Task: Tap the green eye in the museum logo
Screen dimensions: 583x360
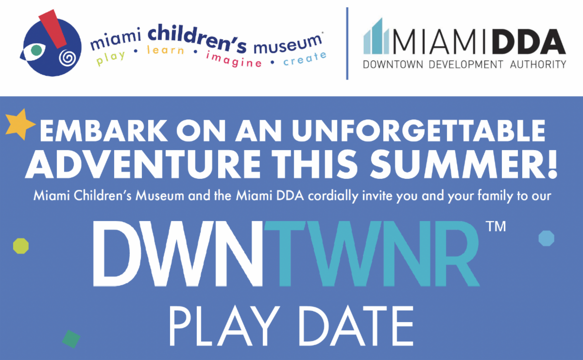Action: pos(36,50)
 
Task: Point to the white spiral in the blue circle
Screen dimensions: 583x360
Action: pos(68,58)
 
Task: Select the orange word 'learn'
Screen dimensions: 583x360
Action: pos(166,50)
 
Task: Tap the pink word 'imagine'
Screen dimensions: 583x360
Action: pos(234,60)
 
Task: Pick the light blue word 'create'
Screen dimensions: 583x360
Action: pos(305,59)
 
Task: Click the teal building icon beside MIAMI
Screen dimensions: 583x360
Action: pos(376,36)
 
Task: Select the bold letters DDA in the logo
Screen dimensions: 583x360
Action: pos(529,42)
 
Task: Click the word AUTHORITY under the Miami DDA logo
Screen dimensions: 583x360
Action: pos(538,64)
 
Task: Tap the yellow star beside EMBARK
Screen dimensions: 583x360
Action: pos(20,124)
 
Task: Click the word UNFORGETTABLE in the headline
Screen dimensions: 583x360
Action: pos(418,130)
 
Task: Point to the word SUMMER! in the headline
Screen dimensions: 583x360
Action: pos(464,164)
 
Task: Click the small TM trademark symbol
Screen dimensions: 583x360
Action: pos(496,226)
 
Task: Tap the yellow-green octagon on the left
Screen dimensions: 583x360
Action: pos(21,246)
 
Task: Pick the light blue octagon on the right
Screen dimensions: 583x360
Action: pos(546,238)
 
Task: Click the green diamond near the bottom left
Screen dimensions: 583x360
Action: pos(71,339)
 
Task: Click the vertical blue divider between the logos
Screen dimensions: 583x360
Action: pos(347,43)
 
